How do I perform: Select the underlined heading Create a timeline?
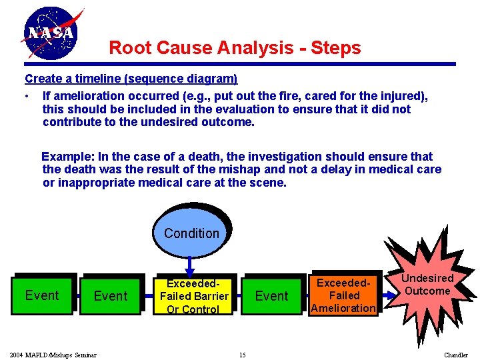tap(131, 79)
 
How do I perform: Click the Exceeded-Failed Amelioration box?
tap(344, 295)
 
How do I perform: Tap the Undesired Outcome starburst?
tap(427, 285)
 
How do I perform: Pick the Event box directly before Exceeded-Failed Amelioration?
tap(271, 295)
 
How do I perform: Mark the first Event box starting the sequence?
tap(41, 295)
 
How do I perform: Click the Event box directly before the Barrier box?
tap(111, 295)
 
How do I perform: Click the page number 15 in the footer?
tap(242, 355)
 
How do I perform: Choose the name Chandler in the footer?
tap(456, 355)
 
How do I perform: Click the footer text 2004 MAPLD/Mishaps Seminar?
tap(53, 355)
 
